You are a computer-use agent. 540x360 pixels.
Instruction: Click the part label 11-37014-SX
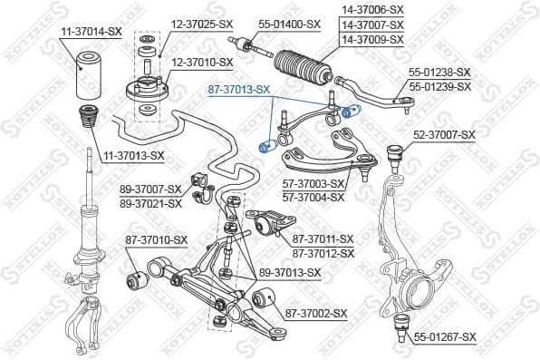point(91,31)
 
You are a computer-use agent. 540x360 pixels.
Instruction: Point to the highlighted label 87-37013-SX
point(238,89)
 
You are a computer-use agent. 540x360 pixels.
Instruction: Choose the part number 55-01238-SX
point(440,72)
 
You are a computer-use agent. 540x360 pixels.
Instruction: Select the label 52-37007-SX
point(444,135)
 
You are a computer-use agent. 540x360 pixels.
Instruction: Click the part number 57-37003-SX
point(314,184)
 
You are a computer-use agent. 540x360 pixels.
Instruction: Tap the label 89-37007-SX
point(150,190)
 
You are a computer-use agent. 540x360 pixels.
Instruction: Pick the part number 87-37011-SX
point(323,239)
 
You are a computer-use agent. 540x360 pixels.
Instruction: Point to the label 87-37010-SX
point(156,239)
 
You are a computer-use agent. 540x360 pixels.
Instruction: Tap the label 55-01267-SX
point(445,336)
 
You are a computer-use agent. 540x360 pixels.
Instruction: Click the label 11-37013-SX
point(133,155)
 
